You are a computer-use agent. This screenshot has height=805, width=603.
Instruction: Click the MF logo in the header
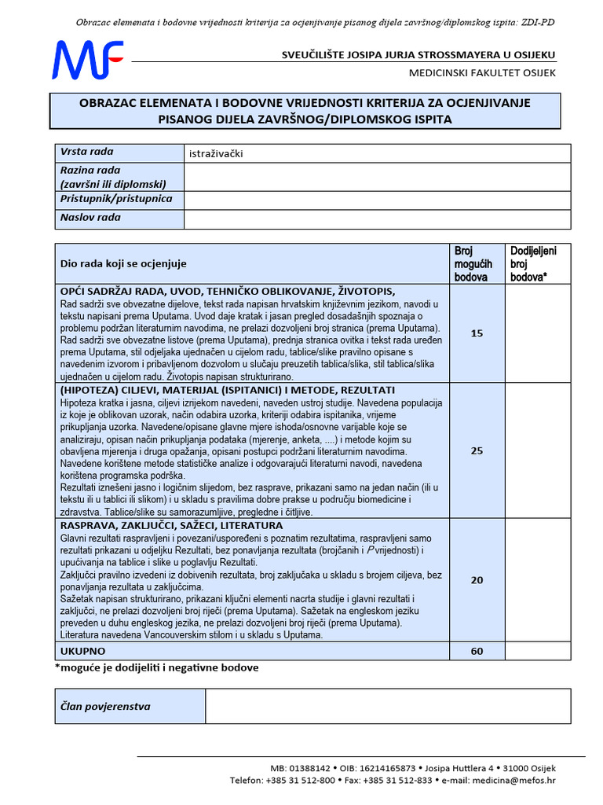click(x=87, y=61)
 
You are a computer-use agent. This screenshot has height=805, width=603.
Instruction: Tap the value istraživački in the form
click(x=217, y=153)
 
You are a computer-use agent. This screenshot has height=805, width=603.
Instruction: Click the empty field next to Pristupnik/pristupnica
click(x=377, y=200)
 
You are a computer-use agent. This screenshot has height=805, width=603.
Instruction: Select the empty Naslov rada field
click(x=377, y=219)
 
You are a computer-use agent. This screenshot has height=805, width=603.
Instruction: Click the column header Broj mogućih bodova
click(x=474, y=264)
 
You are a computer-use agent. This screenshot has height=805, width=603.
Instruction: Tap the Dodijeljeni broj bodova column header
click(x=533, y=264)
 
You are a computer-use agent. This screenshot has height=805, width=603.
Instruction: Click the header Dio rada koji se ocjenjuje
click(x=124, y=264)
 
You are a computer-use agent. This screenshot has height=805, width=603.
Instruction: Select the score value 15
click(x=477, y=333)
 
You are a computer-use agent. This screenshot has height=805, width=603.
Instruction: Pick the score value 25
click(x=477, y=451)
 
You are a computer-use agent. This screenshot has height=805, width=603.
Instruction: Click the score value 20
click(x=477, y=580)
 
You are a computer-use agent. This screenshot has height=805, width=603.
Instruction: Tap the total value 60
click(x=477, y=652)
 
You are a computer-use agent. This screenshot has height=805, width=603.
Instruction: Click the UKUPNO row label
click(x=82, y=652)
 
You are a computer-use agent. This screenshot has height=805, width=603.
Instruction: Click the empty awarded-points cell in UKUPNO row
click(x=537, y=652)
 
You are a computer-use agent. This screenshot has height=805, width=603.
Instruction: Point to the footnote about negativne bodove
click(x=157, y=667)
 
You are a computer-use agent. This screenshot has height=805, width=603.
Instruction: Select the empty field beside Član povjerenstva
click(x=388, y=706)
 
